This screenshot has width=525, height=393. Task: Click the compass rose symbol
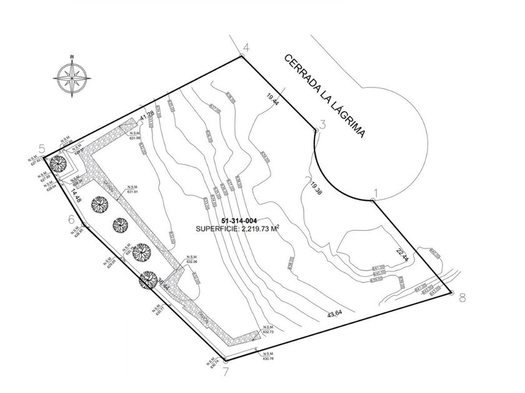71,77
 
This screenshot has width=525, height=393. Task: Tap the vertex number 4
246,48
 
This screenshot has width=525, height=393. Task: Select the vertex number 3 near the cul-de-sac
322,124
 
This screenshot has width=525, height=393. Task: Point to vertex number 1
376,192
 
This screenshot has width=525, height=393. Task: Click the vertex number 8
462,298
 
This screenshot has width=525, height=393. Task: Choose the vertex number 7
225,373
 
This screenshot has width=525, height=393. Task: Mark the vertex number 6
71,220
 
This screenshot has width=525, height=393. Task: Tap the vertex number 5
42,148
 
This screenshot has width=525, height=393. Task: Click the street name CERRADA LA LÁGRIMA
324,100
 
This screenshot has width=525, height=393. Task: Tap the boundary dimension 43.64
334,314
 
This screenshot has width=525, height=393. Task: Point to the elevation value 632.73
268,332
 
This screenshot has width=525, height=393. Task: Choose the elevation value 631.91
131,192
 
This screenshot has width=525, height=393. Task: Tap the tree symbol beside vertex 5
58,163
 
